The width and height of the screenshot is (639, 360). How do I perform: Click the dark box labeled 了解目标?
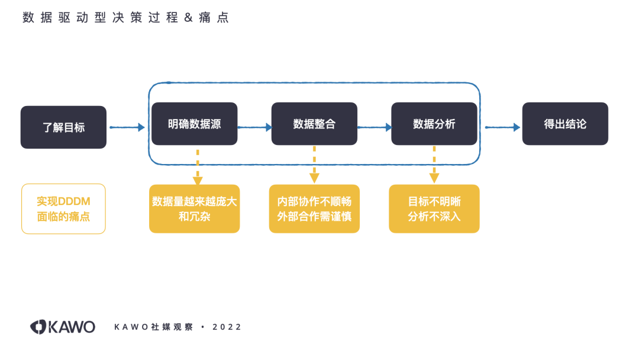[x=63, y=127]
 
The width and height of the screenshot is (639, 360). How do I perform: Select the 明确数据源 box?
[x=194, y=124]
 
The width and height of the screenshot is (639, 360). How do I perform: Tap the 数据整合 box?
[x=314, y=124]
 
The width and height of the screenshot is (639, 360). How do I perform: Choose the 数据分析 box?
[x=434, y=124]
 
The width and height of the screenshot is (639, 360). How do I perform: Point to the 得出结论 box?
[x=565, y=124]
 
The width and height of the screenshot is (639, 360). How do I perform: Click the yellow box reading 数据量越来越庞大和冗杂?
[x=194, y=208]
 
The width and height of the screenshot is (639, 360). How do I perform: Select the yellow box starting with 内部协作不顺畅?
[x=314, y=208]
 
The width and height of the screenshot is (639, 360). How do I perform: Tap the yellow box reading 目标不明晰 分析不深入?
[x=434, y=208]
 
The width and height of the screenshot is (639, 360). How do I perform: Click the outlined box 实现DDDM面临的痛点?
[x=63, y=208]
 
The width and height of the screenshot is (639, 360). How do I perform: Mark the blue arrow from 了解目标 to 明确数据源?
[x=127, y=127]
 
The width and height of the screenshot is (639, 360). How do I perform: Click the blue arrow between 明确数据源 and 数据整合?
[x=254, y=127]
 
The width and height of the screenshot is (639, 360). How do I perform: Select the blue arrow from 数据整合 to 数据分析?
[x=375, y=127]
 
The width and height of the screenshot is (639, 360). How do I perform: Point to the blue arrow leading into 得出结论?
[x=503, y=127]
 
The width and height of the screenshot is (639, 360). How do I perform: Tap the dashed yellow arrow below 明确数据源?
[x=198, y=166]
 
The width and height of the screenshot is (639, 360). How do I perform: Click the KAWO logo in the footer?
[x=63, y=327]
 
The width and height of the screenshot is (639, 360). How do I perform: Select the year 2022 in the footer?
[x=227, y=327]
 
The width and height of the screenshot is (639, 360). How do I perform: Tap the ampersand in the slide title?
[x=188, y=18]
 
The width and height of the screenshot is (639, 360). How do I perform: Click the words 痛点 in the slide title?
[x=214, y=18]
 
